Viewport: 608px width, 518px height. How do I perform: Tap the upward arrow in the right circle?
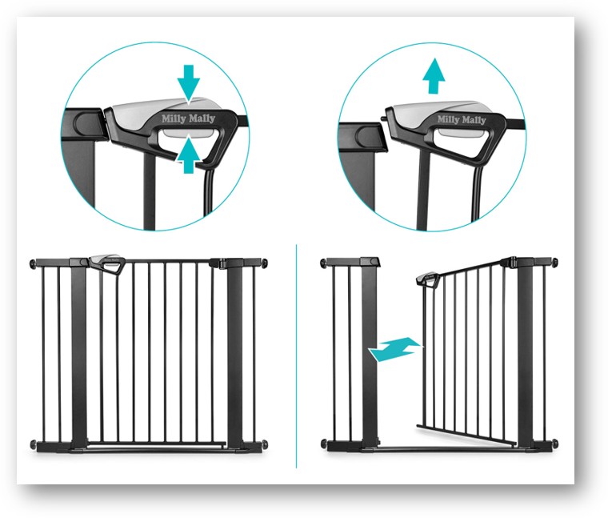pyautogui.click(x=434, y=76)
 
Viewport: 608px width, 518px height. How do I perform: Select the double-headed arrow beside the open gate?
pyautogui.click(x=394, y=349)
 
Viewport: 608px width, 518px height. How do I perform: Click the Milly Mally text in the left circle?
pyautogui.click(x=188, y=118)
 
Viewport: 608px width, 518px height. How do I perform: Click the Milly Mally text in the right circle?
pyautogui.click(x=462, y=119)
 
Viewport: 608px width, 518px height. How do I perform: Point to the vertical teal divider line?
pyautogui.click(x=296, y=355)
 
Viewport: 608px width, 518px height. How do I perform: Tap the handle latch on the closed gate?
pyautogui.click(x=107, y=264)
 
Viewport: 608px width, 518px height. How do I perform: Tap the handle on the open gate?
pyautogui.click(x=427, y=279)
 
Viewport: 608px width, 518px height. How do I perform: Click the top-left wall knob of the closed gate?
pyautogui.click(x=33, y=264)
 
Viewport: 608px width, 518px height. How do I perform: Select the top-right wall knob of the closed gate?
pyautogui.click(x=265, y=263)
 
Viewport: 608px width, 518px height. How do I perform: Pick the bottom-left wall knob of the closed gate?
pyautogui.click(x=33, y=444)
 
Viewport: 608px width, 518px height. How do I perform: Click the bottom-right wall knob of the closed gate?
pyautogui.click(x=265, y=444)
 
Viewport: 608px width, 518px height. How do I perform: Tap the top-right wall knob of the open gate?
pyautogui.click(x=555, y=263)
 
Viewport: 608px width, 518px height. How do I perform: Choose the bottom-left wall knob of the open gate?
pyautogui.click(x=324, y=444)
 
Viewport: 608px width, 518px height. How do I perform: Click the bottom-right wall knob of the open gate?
pyautogui.click(x=555, y=443)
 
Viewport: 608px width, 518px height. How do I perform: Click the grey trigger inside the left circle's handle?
pyautogui.click(x=188, y=133)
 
